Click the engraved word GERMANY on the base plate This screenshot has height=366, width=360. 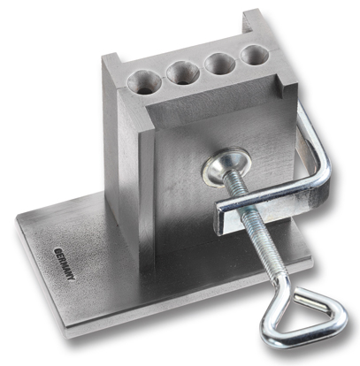click(x=65, y=264)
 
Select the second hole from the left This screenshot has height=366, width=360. click(x=182, y=72)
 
